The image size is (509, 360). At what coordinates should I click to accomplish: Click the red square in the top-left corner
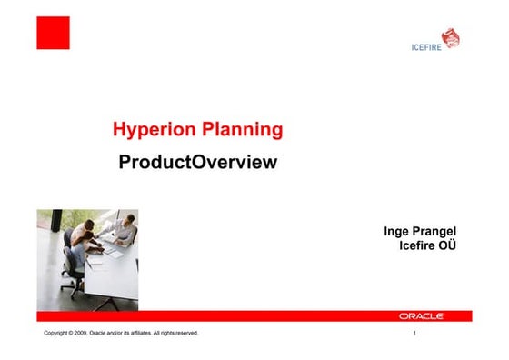coord(53,33)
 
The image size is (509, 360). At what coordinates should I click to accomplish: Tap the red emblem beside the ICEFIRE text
coord(450,37)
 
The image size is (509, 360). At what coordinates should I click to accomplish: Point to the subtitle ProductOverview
coord(196,164)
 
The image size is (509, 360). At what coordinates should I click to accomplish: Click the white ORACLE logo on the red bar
coord(421,316)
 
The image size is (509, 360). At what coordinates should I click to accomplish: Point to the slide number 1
coord(414,335)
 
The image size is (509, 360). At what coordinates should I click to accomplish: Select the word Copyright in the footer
coord(57,335)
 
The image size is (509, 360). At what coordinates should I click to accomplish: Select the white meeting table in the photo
coord(114,273)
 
